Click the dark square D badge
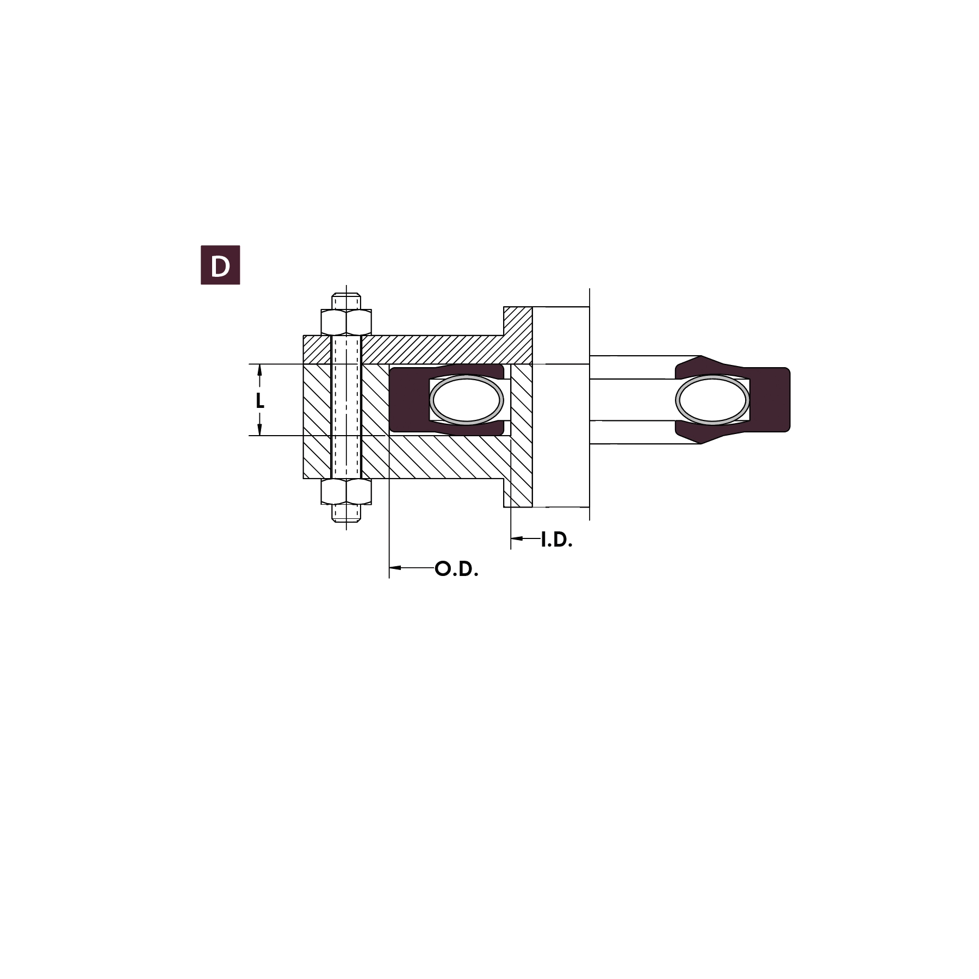(x=220, y=265)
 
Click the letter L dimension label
(x=260, y=401)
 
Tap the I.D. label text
(x=556, y=540)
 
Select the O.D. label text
(x=457, y=569)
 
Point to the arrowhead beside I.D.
(x=517, y=538)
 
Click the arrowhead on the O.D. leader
(x=395, y=568)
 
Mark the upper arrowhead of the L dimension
(x=259, y=370)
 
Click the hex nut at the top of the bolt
(x=346, y=322)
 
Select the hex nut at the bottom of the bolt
(x=346, y=492)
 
